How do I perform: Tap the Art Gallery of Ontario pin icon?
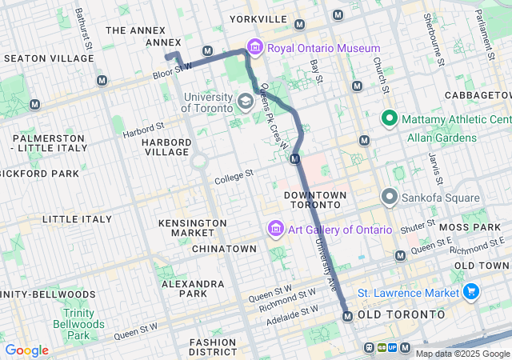(275, 230)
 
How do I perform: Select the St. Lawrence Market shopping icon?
(471, 292)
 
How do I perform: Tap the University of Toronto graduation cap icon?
(246, 102)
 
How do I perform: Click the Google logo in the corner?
(26, 350)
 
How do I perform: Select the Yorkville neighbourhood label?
(258, 18)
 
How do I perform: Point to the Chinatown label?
(224, 249)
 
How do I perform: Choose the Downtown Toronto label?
(315, 201)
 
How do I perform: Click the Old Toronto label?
(401, 315)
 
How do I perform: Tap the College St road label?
(234, 176)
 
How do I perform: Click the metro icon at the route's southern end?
(347, 316)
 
